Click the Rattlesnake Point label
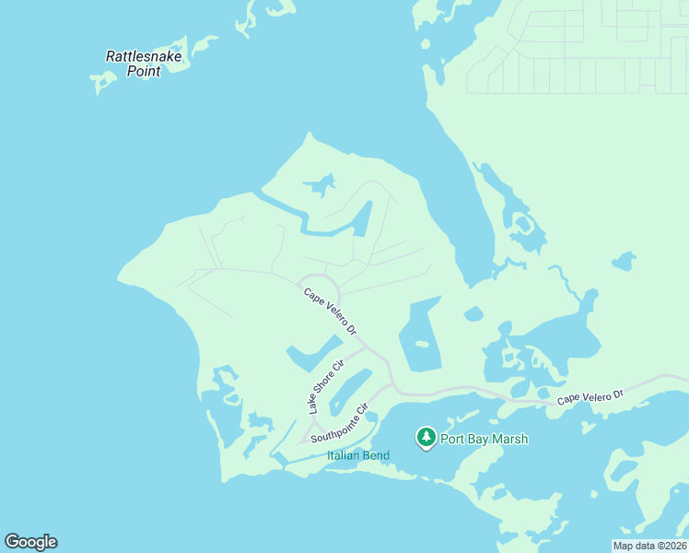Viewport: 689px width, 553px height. (x=145, y=63)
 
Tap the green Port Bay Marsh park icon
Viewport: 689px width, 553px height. (x=426, y=437)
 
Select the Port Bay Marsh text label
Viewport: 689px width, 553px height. (x=484, y=439)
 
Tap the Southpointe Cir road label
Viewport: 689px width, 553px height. (x=339, y=423)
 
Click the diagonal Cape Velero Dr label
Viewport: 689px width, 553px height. (x=330, y=310)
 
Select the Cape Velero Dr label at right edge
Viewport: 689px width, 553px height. (x=590, y=397)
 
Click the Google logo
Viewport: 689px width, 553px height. (x=30, y=542)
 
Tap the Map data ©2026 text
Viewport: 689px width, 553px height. (x=649, y=546)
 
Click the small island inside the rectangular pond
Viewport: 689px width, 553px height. (x=422, y=346)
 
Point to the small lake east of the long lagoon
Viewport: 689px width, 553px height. (x=624, y=261)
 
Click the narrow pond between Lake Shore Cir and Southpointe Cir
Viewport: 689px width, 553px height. (x=349, y=391)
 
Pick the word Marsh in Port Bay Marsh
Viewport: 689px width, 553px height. (x=509, y=439)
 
